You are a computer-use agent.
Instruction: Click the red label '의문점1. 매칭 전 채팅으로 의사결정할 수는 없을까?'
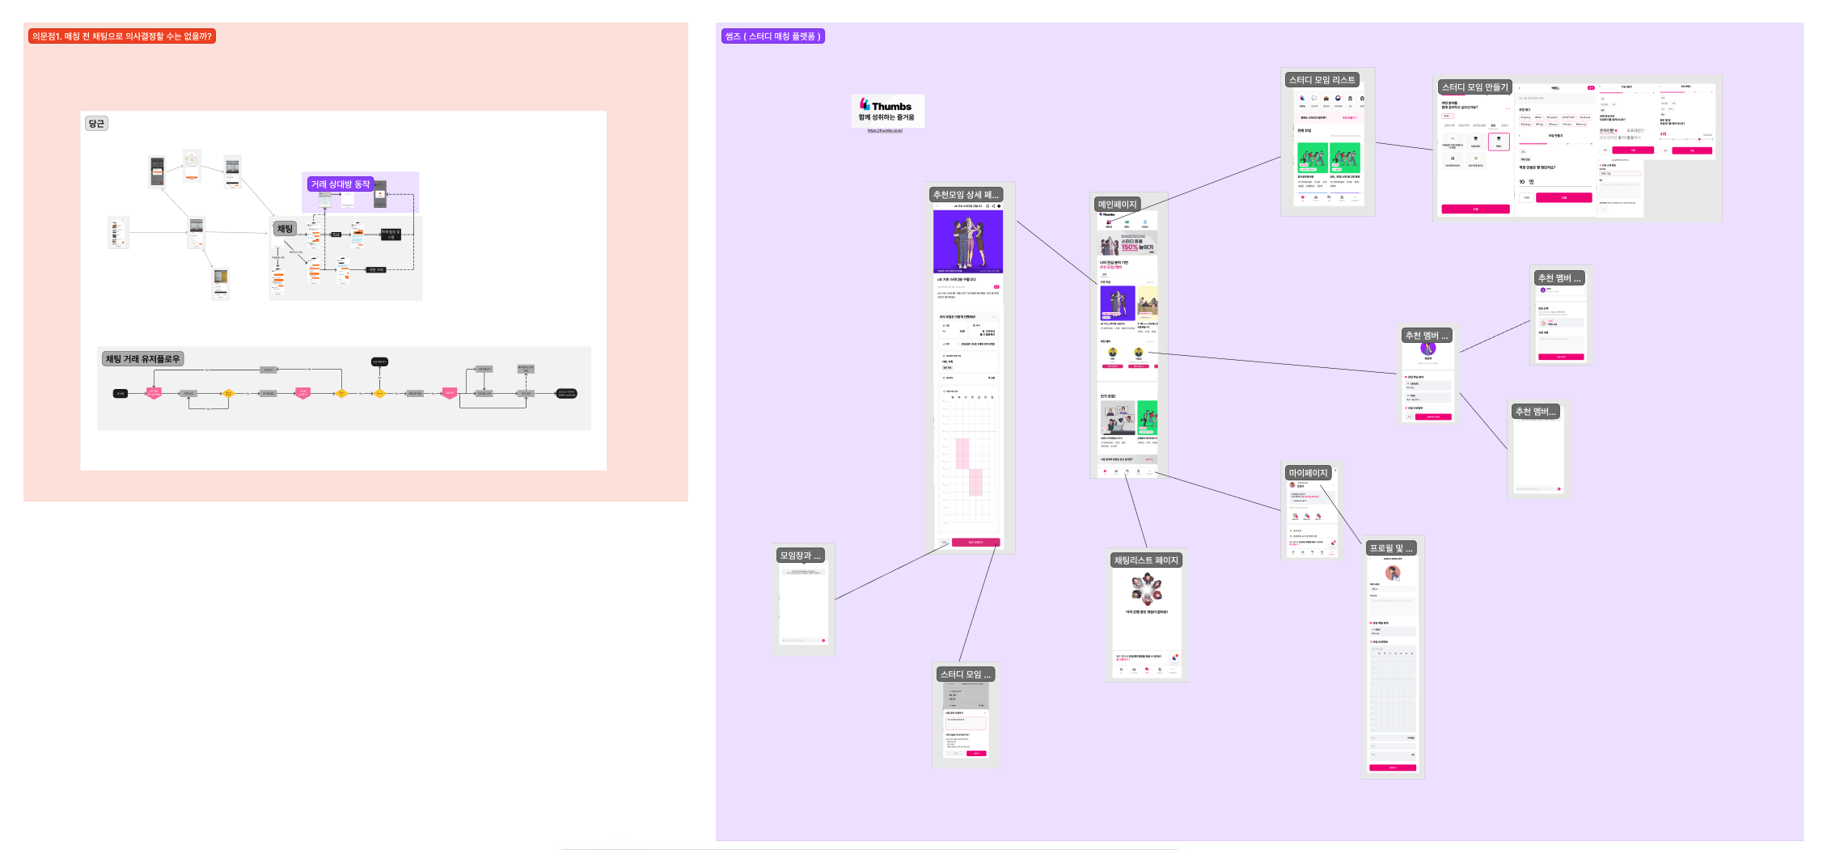click(x=121, y=36)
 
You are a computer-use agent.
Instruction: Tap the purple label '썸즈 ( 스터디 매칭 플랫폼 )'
click(x=772, y=36)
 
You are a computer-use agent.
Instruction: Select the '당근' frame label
click(x=96, y=124)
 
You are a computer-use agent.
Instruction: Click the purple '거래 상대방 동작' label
click(x=340, y=184)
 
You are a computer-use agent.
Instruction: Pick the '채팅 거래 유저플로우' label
click(x=142, y=359)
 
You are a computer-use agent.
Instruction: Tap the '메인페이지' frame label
click(x=1117, y=205)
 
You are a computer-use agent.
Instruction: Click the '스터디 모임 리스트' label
click(x=1322, y=80)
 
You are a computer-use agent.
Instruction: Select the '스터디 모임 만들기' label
click(x=1474, y=87)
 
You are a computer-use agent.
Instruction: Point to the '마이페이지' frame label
click(x=1308, y=473)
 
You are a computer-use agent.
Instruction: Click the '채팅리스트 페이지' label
click(x=1146, y=560)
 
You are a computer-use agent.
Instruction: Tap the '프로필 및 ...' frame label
click(x=1391, y=548)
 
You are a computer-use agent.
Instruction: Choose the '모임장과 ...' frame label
click(x=800, y=556)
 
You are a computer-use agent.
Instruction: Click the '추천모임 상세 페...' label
click(x=966, y=195)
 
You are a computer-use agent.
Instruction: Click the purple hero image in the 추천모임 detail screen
click(x=967, y=241)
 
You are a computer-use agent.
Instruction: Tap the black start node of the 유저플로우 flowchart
click(x=121, y=394)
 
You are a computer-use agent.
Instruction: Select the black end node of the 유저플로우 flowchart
click(x=566, y=394)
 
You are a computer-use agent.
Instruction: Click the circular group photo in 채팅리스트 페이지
click(x=1146, y=589)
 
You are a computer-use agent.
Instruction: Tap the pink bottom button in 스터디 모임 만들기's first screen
click(x=1475, y=209)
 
